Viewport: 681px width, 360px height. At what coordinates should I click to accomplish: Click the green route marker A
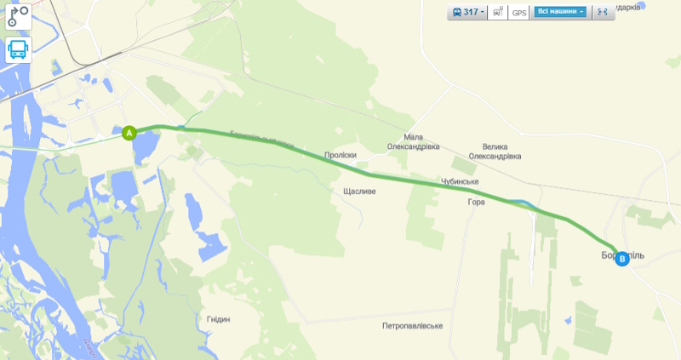point(129,133)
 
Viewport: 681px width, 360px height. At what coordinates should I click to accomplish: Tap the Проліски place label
point(340,155)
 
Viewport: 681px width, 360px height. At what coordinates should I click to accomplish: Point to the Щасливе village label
point(358,191)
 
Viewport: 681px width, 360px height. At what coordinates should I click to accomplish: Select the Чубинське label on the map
point(460,182)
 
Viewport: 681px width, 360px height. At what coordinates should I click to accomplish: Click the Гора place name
point(476,202)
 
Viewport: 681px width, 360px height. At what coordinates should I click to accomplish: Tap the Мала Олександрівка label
point(414,141)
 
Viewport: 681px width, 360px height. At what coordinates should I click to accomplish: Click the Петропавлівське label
point(413,326)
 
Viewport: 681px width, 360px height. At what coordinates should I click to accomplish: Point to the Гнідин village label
point(218,319)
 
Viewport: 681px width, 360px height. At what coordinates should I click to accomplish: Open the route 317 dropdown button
point(468,12)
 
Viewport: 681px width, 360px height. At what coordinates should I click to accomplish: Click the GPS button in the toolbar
point(518,13)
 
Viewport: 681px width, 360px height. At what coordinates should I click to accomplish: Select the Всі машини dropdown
point(561,12)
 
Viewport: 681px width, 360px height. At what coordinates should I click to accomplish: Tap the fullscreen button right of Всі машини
point(603,12)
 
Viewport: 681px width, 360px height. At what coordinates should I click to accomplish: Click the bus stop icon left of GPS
point(497,13)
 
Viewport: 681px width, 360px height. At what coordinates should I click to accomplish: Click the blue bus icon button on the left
point(18,50)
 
